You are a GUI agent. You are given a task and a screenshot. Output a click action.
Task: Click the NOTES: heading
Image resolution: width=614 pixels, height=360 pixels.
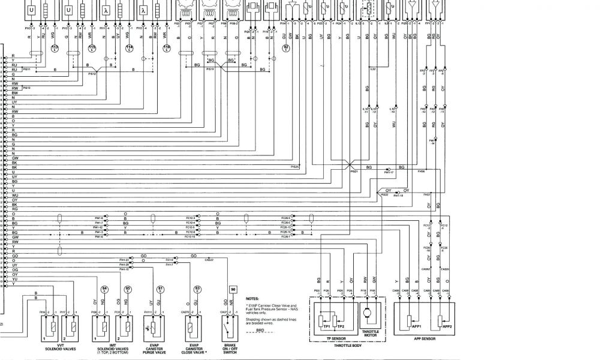click(x=252, y=298)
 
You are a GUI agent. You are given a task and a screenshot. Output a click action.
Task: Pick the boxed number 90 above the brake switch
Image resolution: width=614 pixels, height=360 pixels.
click(x=233, y=289)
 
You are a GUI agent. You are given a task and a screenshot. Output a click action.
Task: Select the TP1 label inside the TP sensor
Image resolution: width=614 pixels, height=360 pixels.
click(x=326, y=325)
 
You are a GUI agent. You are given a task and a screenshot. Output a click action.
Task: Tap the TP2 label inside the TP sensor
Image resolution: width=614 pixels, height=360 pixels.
click(x=341, y=325)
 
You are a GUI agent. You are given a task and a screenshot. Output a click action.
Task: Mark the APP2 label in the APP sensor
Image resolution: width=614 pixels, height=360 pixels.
click(x=447, y=326)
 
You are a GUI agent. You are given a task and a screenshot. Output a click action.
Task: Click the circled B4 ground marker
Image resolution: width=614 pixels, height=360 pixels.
click(x=104, y=289)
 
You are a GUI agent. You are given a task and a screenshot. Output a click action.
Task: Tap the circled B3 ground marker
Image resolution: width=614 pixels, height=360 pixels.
click(x=197, y=289)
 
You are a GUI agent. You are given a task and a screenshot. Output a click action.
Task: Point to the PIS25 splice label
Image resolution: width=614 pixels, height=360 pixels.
click(x=295, y=166)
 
